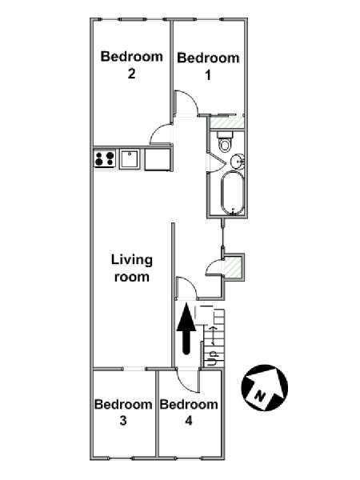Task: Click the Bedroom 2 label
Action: click(x=132, y=65)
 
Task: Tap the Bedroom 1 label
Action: click(x=208, y=66)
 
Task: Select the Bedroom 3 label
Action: click(x=123, y=412)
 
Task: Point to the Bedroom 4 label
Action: click(x=189, y=412)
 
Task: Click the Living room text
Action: click(x=132, y=268)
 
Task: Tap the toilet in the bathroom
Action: click(x=225, y=142)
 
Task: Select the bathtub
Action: click(x=233, y=194)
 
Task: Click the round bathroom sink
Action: click(x=237, y=161)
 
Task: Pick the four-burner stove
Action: click(x=105, y=158)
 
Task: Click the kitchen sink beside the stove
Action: click(x=129, y=158)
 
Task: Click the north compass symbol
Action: click(x=265, y=387)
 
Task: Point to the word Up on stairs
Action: click(x=212, y=358)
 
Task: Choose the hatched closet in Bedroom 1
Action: click(x=227, y=122)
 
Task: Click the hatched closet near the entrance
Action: click(x=234, y=267)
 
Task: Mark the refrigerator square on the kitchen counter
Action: click(x=157, y=158)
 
